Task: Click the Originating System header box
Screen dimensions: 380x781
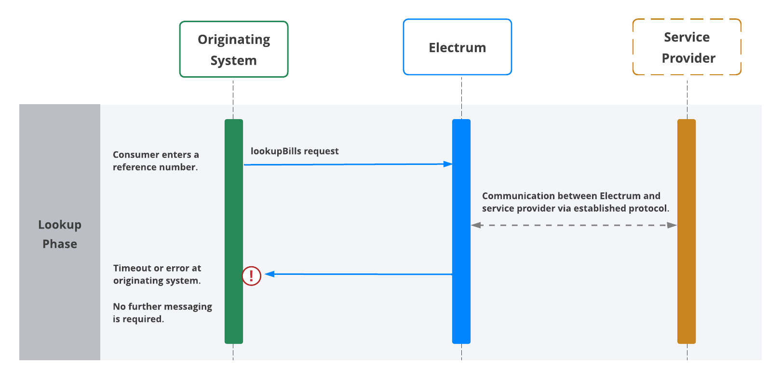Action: (x=233, y=49)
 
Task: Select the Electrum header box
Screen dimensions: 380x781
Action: (x=457, y=47)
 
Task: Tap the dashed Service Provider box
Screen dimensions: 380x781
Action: (x=687, y=47)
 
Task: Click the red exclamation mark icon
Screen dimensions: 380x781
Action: (x=251, y=276)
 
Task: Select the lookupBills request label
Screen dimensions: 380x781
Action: (x=295, y=151)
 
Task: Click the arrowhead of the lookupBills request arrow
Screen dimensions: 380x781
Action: (x=448, y=164)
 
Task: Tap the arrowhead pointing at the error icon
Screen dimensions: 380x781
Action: (x=269, y=274)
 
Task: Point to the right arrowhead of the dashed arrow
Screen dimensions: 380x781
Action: (x=672, y=225)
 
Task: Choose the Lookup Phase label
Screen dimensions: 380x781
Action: (x=60, y=234)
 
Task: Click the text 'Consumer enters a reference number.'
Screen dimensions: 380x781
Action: (x=156, y=161)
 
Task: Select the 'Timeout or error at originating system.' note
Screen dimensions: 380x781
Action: (x=157, y=274)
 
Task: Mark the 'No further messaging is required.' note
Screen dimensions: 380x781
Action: (x=162, y=313)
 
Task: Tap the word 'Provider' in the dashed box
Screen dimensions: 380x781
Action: (x=688, y=58)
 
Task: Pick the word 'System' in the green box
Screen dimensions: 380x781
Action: (x=233, y=61)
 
